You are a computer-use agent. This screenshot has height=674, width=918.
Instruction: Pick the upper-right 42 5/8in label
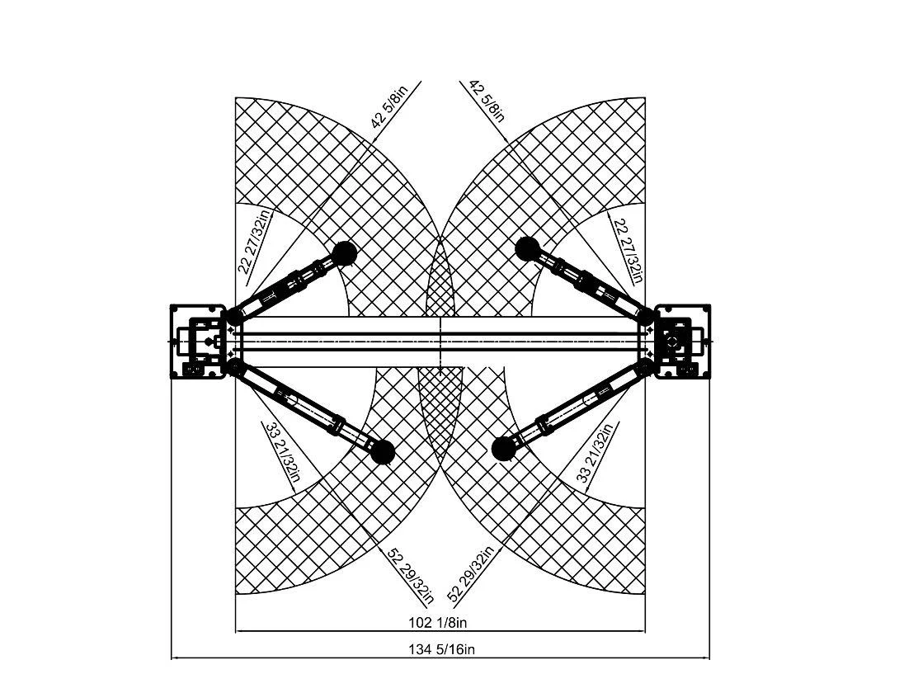(487, 101)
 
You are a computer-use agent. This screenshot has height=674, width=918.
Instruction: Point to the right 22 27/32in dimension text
(626, 247)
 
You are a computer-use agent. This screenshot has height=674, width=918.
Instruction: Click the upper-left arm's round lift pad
(346, 252)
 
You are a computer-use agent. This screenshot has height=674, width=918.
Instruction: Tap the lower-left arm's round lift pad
(381, 450)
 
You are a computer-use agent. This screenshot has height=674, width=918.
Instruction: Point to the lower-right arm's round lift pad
(502, 448)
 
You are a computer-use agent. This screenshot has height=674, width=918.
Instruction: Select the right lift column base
(682, 341)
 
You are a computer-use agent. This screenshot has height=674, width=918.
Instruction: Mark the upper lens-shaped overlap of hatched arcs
(440, 276)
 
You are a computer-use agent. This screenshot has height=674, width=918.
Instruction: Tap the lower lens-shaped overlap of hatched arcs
(440, 404)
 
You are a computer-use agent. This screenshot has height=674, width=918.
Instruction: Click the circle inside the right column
(674, 341)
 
